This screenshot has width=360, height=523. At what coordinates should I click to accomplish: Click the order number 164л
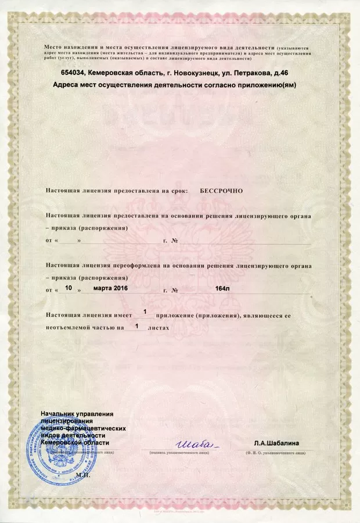click(222, 289)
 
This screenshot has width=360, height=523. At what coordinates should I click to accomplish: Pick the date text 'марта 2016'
click(110, 288)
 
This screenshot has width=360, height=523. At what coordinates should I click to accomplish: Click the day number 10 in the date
click(69, 288)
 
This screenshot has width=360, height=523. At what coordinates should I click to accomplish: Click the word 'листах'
click(158, 328)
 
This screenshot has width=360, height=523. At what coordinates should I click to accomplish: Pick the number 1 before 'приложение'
click(145, 313)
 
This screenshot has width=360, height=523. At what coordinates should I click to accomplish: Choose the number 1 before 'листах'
click(136, 327)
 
